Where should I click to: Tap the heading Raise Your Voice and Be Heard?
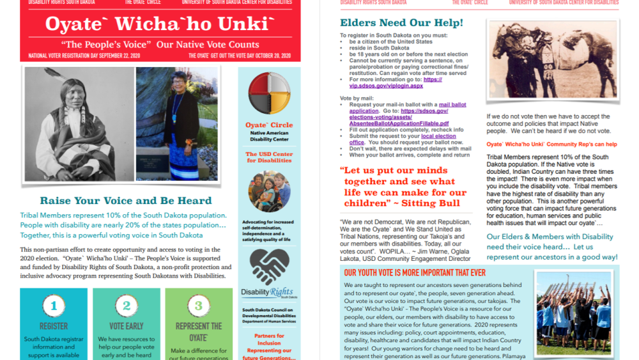(x=126, y=201)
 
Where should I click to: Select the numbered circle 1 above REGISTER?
(x=54, y=306)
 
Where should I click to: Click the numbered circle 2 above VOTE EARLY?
(x=127, y=306)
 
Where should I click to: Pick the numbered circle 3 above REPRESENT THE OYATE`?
(x=198, y=306)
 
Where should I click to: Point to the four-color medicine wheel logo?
(x=269, y=93)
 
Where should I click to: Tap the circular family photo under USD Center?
(x=269, y=191)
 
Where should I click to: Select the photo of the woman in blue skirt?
(x=177, y=124)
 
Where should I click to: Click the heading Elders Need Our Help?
(x=401, y=24)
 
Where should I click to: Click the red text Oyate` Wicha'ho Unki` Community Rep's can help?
(x=551, y=145)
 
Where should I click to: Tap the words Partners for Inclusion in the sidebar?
(x=269, y=339)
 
